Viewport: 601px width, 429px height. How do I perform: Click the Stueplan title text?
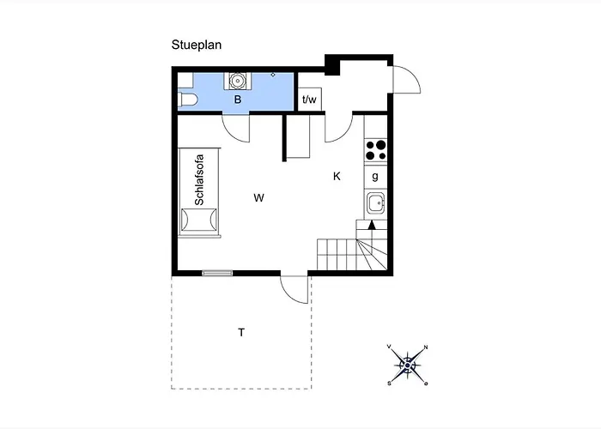coord(197,45)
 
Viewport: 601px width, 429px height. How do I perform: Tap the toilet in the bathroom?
coord(187,100)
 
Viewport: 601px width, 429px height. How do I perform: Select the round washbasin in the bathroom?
coord(237,81)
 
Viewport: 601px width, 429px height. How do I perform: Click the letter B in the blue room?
coord(238,100)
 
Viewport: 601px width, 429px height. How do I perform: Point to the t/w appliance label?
coord(309,100)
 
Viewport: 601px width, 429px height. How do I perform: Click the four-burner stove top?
coord(376,150)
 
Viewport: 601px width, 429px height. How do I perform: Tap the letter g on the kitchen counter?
coord(375,176)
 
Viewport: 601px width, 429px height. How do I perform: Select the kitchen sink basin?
coord(375,203)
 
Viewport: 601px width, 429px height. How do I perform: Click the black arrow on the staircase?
coord(371,225)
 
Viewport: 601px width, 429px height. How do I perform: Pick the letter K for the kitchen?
coord(337,176)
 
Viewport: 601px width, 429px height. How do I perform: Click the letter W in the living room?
coord(258,198)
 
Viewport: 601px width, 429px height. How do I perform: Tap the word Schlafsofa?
coord(199,179)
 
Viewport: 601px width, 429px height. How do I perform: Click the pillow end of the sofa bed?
coord(199,220)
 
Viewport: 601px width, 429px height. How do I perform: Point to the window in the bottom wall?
coord(217,273)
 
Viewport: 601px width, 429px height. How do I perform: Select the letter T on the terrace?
coord(241,333)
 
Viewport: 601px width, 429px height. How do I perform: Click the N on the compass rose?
coord(426,347)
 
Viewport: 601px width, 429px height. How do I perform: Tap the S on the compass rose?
coord(389,383)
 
